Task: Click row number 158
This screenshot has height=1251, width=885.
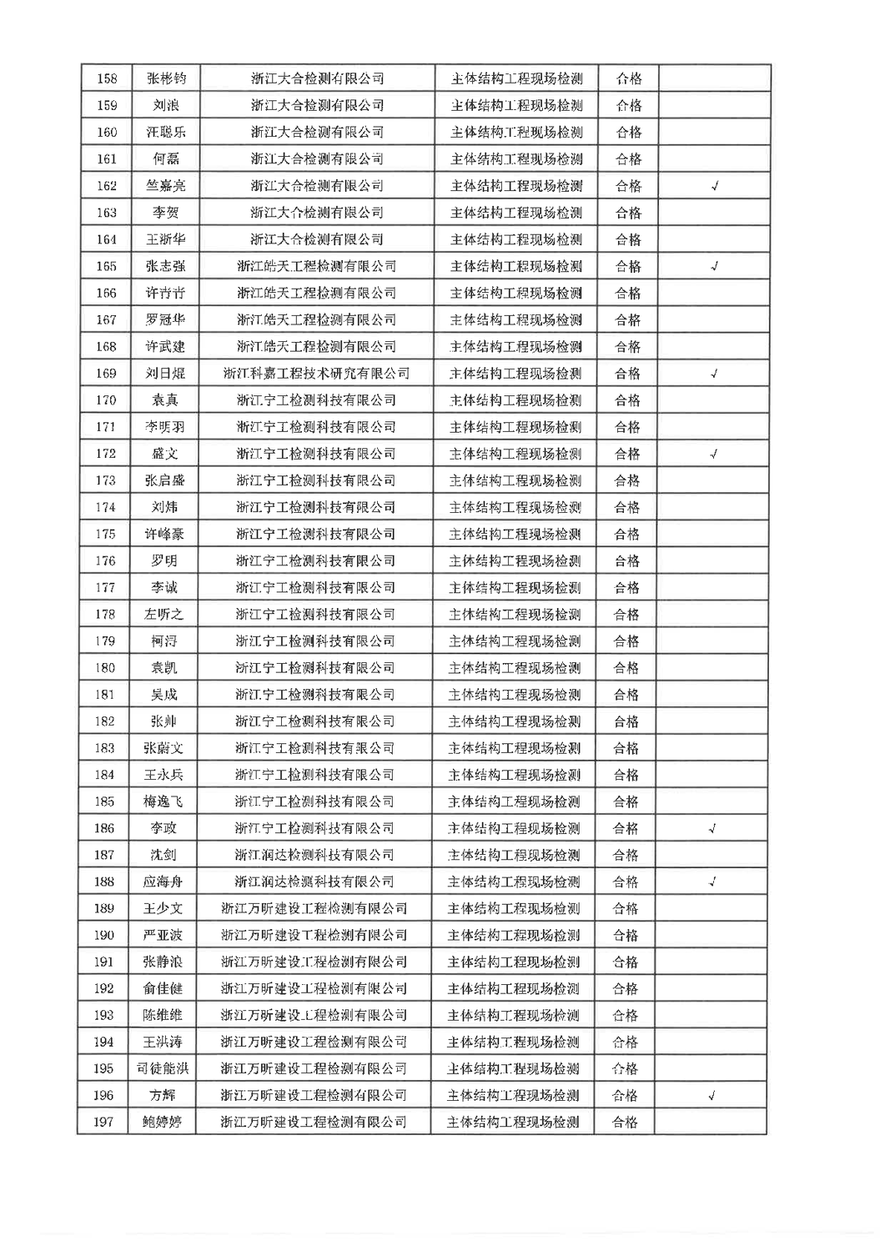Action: pyautogui.click(x=108, y=79)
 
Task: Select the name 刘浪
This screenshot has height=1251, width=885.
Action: pyautogui.click(x=166, y=106)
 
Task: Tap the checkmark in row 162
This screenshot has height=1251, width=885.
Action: pyautogui.click(x=715, y=186)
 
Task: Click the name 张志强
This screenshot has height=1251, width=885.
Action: pyautogui.click(x=165, y=267)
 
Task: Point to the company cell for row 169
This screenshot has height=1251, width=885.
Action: pyautogui.click(x=316, y=374)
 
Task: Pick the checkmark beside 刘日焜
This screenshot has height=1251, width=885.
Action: pyautogui.click(x=714, y=374)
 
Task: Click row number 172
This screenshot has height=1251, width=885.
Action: pyautogui.click(x=106, y=454)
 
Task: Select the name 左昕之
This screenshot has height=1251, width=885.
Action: pyautogui.click(x=163, y=615)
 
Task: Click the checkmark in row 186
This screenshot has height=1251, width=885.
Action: pyautogui.click(x=712, y=829)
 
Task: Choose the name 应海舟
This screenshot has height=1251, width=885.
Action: pyautogui.click(x=163, y=882)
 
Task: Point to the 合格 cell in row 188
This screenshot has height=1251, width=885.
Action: pyautogui.click(x=626, y=882)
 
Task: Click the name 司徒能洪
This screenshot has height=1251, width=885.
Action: pyautogui.click(x=163, y=1069)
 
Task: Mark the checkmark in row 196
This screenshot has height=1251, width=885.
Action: pyautogui.click(x=712, y=1096)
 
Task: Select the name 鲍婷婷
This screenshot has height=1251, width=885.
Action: pyautogui.click(x=162, y=1123)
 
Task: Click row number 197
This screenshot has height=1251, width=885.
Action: pyautogui.click(x=103, y=1123)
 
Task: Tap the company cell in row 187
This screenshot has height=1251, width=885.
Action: pyautogui.click(x=314, y=856)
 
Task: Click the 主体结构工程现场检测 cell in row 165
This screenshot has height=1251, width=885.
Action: pyautogui.click(x=516, y=267)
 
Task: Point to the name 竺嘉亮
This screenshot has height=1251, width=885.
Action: pyautogui.click(x=166, y=186)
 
